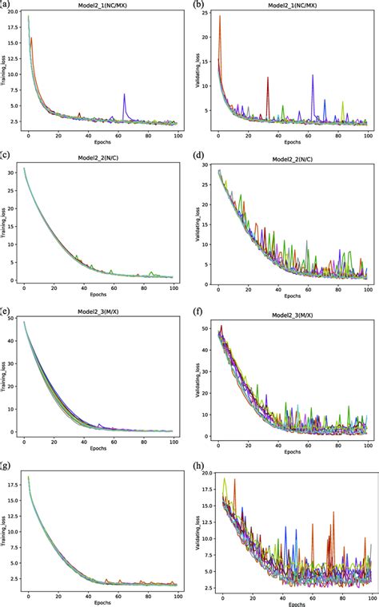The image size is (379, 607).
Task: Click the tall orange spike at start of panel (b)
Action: (220, 18)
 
